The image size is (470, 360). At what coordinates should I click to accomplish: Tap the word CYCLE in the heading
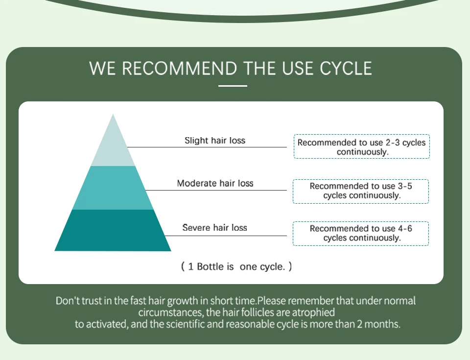click(346, 69)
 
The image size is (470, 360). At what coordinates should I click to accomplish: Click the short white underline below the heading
click(233, 86)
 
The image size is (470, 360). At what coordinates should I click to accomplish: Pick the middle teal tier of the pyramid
click(113, 188)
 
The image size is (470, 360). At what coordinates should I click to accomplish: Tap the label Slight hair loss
click(215, 141)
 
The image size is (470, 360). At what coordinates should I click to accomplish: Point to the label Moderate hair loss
click(215, 184)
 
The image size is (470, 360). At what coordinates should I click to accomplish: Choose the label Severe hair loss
click(214, 228)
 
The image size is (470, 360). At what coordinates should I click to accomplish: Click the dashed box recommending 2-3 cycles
click(361, 147)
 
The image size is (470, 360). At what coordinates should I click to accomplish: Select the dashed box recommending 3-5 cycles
click(361, 191)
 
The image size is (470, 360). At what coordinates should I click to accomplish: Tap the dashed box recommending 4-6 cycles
click(361, 233)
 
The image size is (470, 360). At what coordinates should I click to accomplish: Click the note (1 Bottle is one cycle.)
click(236, 267)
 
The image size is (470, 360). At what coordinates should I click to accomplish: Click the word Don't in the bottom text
click(66, 300)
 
